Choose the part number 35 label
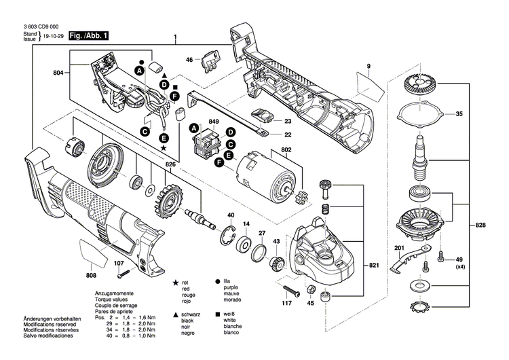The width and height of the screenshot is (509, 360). point(458,114)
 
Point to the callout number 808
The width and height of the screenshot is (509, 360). point(92,276)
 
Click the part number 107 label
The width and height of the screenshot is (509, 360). point(119,264)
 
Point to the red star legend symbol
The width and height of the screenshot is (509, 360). point(176,281)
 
